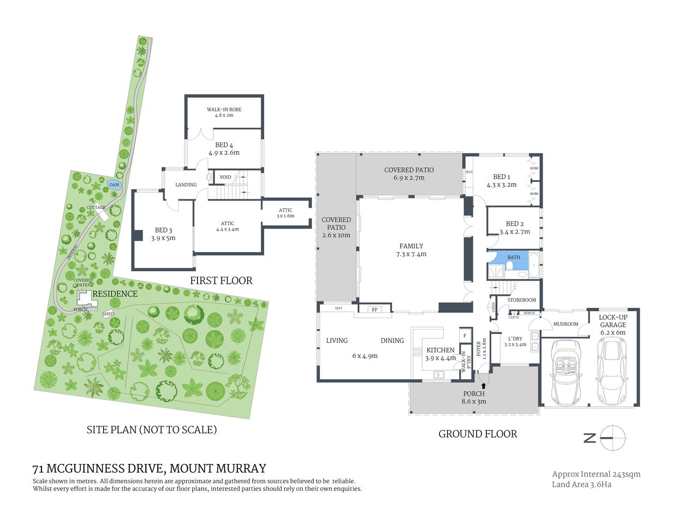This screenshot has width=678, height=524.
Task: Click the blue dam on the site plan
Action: [x=114, y=184]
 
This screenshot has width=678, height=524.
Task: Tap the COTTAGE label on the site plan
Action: [x=96, y=207]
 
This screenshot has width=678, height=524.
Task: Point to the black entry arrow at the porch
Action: [x=483, y=386]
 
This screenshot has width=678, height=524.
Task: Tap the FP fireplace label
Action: [x=374, y=309]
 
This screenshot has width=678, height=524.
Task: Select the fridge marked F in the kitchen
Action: [x=465, y=336]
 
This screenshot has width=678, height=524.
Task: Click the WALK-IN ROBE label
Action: [x=224, y=110]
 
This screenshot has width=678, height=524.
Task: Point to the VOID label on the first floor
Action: [x=225, y=177]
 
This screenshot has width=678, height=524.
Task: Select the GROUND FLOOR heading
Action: [x=478, y=434]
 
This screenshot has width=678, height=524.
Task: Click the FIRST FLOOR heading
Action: [x=221, y=281]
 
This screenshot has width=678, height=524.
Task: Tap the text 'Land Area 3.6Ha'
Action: [x=581, y=485]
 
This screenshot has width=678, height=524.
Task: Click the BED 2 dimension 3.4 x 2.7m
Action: [x=515, y=232]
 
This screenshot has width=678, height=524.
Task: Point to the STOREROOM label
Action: [x=521, y=300]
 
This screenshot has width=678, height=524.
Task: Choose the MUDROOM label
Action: [x=566, y=324]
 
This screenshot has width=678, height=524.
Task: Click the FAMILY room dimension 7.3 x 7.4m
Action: [x=411, y=254]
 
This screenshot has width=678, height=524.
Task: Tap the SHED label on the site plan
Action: [x=108, y=314]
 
